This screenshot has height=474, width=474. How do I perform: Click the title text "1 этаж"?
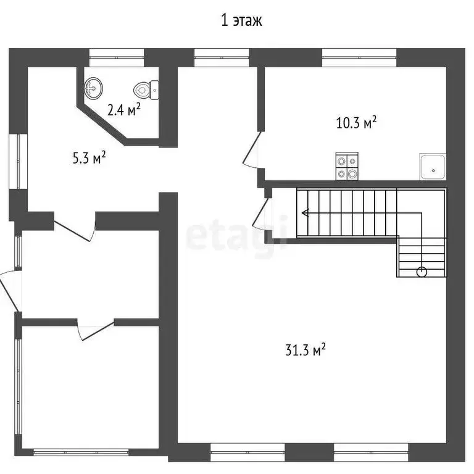(241, 21)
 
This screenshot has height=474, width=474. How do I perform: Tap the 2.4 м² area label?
(124, 109)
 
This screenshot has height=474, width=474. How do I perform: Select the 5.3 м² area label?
(89, 158)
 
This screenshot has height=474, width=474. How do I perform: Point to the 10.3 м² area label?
(356, 122)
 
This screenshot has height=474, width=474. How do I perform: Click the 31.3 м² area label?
(306, 350)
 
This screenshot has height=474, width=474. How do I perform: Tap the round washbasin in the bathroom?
(93, 88)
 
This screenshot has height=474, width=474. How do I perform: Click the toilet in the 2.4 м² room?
(146, 90)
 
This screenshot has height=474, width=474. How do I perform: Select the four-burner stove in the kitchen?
(347, 166)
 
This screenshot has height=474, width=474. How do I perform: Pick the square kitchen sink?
(433, 167)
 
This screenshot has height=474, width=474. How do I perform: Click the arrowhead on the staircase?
(306, 213)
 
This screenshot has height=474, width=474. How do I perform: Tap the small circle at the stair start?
(422, 272)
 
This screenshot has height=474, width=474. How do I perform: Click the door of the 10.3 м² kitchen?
(251, 149)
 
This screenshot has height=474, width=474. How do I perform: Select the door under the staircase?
(260, 214)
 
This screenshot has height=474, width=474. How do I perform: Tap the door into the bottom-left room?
(96, 330)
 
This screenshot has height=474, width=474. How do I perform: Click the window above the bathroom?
(117, 57)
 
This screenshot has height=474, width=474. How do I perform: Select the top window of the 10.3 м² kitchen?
(359, 57)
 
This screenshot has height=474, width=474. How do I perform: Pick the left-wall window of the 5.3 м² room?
(18, 162)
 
